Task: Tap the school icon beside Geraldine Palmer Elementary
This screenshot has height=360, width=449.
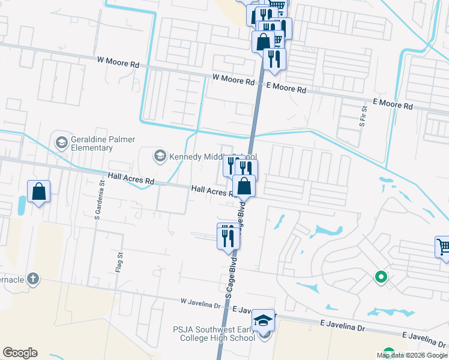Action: click(61, 142)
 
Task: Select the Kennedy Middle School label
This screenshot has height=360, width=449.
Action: click(205, 157)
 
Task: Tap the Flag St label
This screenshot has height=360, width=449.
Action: click(119, 262)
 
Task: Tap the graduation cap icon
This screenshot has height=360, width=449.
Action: click(262, 320)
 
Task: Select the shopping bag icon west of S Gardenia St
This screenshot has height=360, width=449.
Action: click(39, 192)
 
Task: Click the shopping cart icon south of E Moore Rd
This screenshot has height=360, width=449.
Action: click(443, 246)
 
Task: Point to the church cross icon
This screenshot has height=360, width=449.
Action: click(33, 278)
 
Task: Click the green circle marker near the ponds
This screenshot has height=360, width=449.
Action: click(380, 277)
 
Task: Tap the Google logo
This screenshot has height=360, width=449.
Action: click(20, 353)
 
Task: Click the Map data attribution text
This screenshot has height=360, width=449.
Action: click(412, 355)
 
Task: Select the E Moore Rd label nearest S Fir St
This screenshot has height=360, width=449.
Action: click(393, 105)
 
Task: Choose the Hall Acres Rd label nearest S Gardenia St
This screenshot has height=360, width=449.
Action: click(131, 178)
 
